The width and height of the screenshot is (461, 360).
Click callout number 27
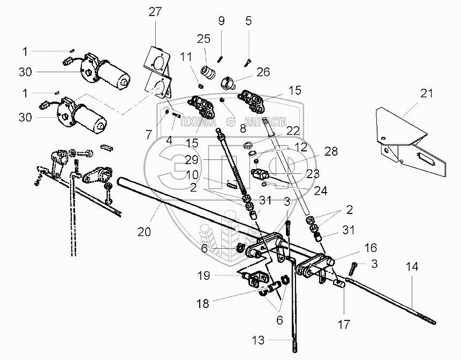pos(155,13)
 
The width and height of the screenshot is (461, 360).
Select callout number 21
pos(426,94)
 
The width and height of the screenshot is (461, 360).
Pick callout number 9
pos(221,21)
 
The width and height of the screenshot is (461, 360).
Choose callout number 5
pos(248,21)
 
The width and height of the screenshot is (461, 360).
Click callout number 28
pos(331,152)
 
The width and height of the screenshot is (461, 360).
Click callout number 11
pos(185,57)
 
